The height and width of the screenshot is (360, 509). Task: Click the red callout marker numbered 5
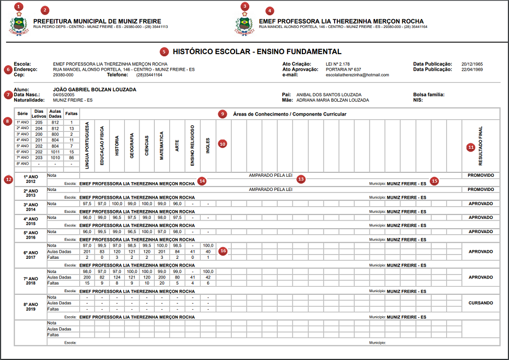pos(165,52)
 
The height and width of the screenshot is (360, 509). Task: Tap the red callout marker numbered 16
pos(223,251)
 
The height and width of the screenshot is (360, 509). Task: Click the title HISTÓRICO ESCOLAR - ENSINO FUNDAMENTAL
pos(257,52)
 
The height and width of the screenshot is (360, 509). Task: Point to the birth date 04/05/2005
pos(63,95)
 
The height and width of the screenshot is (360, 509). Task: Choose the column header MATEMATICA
pos(162,144)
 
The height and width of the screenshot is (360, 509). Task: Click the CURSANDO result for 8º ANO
pos(481,303)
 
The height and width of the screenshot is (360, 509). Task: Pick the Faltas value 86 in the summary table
pos(71,158)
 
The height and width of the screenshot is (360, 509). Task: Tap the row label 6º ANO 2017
pos(30,254)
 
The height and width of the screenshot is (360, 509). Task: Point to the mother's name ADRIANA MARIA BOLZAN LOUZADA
pos(332,100)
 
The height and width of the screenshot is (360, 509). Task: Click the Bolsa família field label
pos(429,95)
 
